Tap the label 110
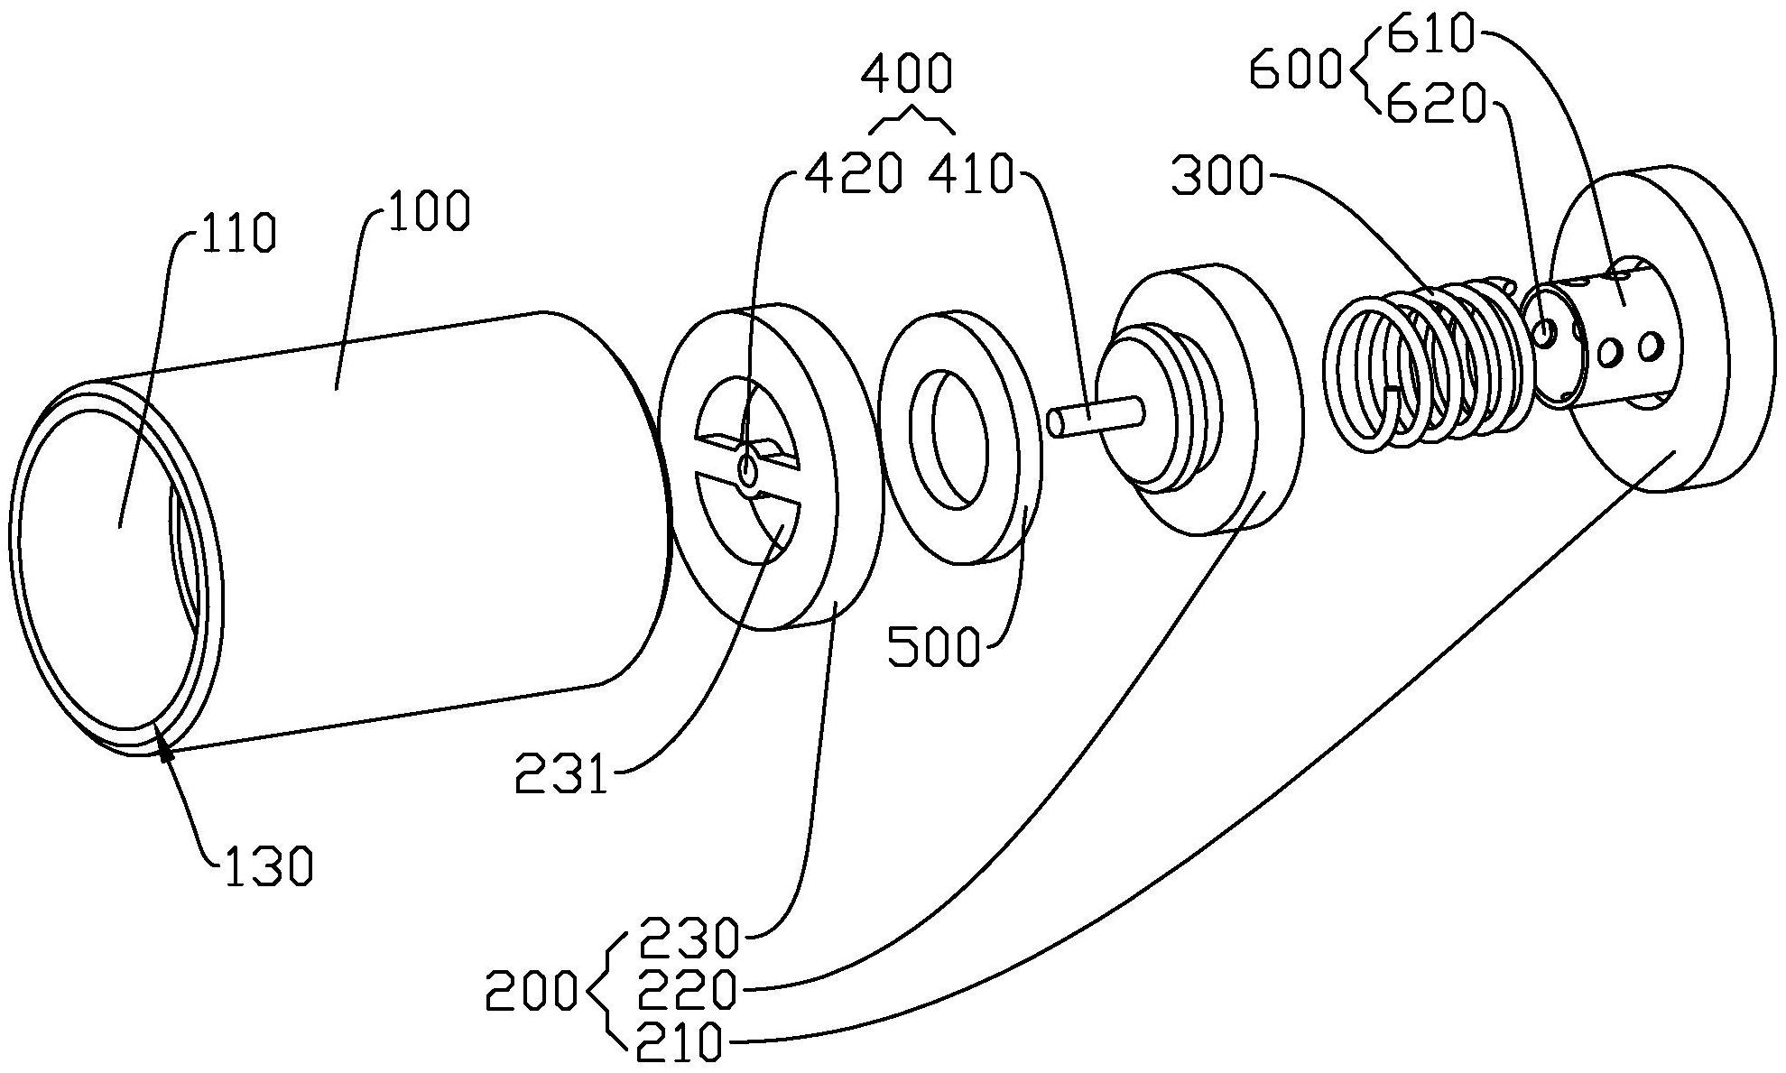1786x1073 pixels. point(236,234)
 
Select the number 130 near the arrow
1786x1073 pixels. point(268,866)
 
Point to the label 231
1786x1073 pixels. point(561,774)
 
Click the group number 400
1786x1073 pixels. point(906,74)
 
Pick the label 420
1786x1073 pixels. point(853,174)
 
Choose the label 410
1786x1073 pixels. point(972,174)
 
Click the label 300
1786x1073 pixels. point(1216,176)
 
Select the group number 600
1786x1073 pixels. point(1296,70)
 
